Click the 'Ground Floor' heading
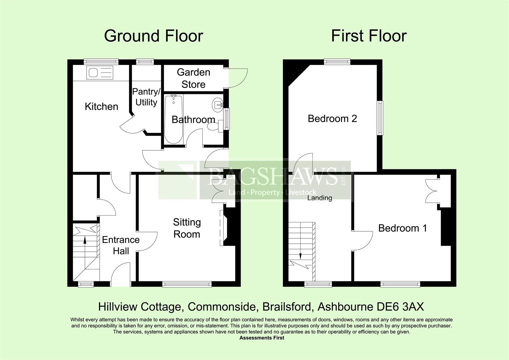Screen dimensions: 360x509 pos(153,36)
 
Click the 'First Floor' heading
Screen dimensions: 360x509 pos(369,36)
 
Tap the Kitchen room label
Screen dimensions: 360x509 pos(101,107)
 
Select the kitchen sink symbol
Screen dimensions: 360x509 pos(100,73)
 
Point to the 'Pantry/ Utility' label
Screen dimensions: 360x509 pos(146,97)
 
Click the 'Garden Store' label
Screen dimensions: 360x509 pos(193,78)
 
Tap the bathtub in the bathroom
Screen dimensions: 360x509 pos(173,119)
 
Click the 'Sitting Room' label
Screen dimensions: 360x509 pos(187,228)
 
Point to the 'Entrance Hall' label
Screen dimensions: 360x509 pos(121,245)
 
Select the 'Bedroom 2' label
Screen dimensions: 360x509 pos(332,118)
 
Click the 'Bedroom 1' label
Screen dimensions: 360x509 pos(402,228)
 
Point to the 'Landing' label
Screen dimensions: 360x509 pos(320,198)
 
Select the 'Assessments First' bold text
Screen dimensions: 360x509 pos(262,338)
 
